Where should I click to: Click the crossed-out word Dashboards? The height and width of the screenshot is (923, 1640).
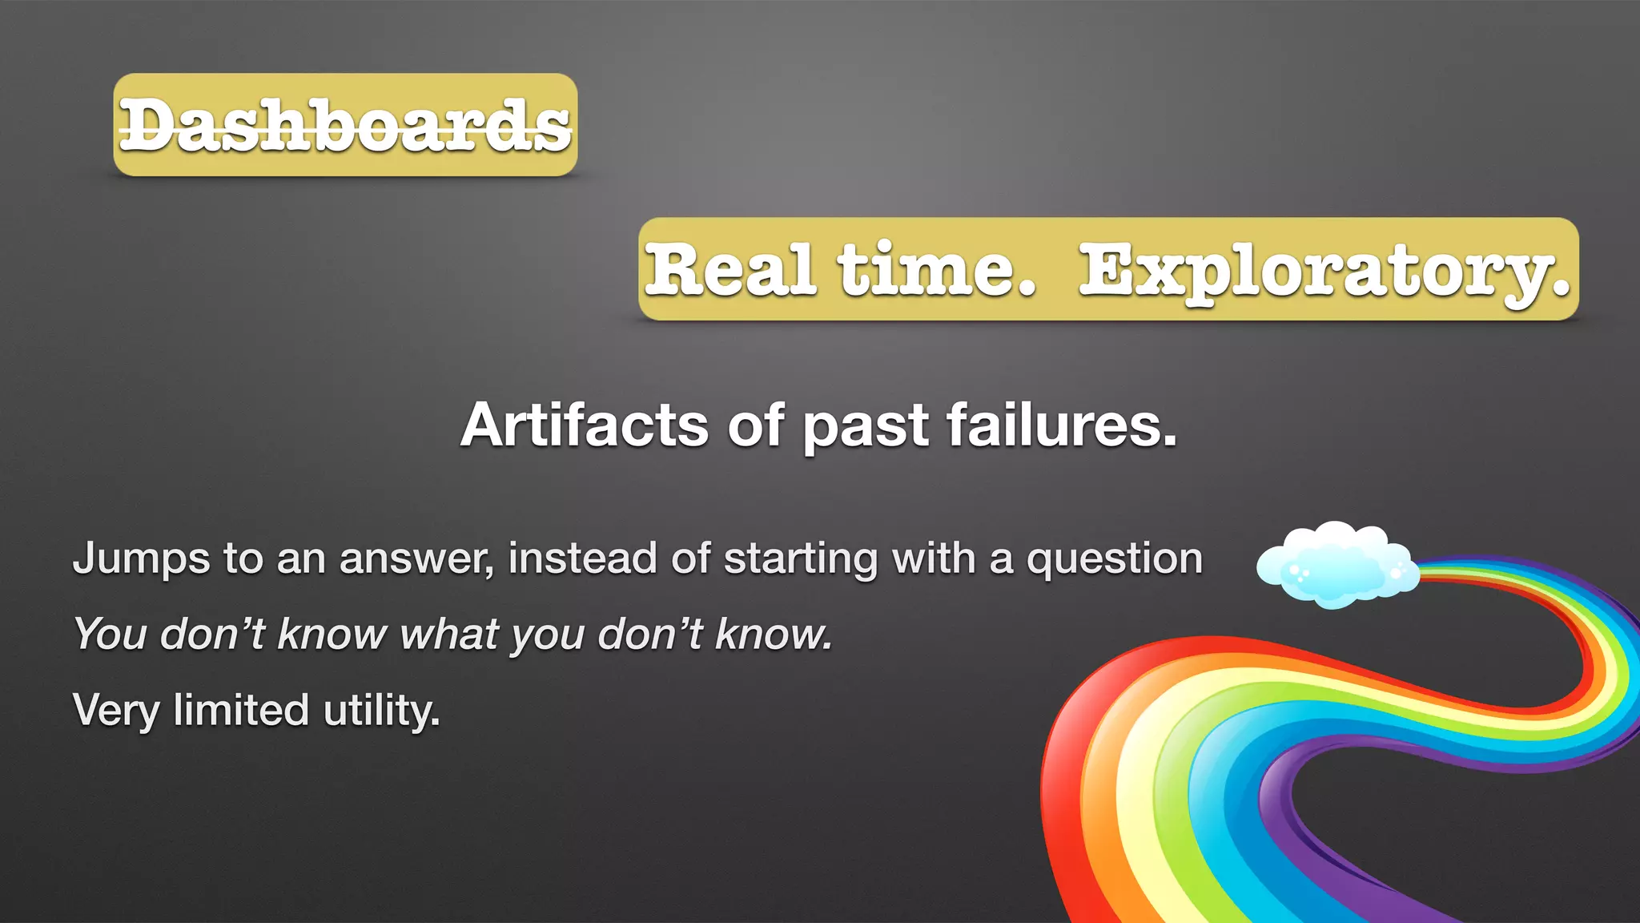coord(345,126)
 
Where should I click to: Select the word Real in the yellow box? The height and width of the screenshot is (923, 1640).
coord(730,270)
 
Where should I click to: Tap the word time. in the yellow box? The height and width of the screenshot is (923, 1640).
coord(937,270)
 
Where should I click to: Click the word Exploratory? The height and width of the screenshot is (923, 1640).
coord(1324,272)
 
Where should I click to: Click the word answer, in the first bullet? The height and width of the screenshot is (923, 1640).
coord(416,559)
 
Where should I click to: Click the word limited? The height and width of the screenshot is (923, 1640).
coord(241,710)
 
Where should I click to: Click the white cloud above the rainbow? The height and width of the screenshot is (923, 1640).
coord(1336,564)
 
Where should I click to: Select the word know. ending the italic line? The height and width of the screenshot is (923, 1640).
coord(774,634)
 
